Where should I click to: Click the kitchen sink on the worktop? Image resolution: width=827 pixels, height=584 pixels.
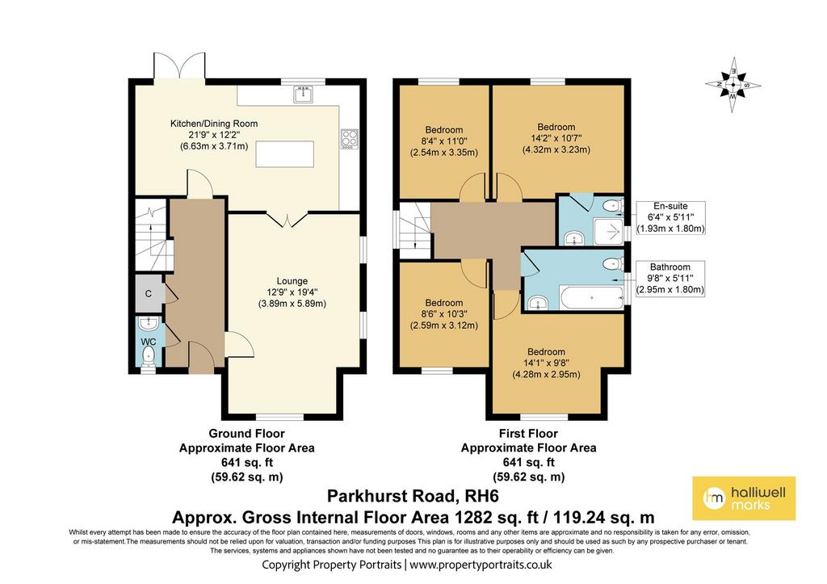pyautogui.click(x=304, y=95)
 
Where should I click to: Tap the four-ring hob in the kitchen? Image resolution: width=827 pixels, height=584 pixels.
pyautogui.click(x=350, y=139)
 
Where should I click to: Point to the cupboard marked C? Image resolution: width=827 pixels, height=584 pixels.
pyautogui.click(x=149, y=293)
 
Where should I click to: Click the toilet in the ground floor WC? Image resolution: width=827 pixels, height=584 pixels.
pyautogui.click(x=149, y=355)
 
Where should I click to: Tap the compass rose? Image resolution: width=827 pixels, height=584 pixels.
pyautogui.click(x=733, y=84)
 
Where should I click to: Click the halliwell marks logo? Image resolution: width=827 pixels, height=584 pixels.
pyautogui.click(x=744, y=498)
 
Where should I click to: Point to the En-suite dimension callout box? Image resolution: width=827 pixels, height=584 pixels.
pyautogui.click(x=670, y=217)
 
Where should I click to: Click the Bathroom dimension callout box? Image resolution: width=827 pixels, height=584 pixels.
pyautogui.click(x=670, y=278)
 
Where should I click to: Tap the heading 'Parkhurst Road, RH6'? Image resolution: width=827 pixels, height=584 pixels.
pyautogui.click(x=413, y=497)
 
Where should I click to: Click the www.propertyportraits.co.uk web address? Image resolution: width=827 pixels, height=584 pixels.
pyautogui.click(x=481, y=565)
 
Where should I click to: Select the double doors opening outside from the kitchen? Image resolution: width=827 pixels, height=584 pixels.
pyautogui.click(x=178, y=67)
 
